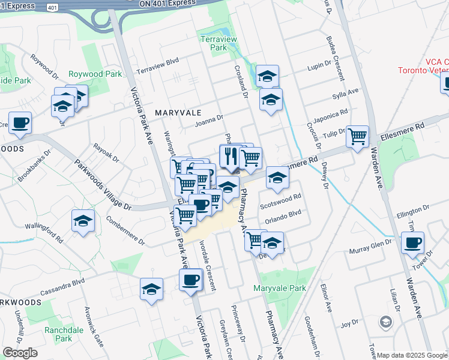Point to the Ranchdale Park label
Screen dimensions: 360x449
pos(64,335)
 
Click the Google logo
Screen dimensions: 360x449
pos(20,353)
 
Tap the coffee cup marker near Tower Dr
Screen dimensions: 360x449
pos(412,243)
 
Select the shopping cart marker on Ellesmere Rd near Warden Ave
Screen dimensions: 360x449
pos(358,136)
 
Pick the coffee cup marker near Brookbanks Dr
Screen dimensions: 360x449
pos(20,122)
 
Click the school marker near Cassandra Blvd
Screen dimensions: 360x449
pos(152,289)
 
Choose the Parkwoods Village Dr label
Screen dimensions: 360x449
pos(103,184)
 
